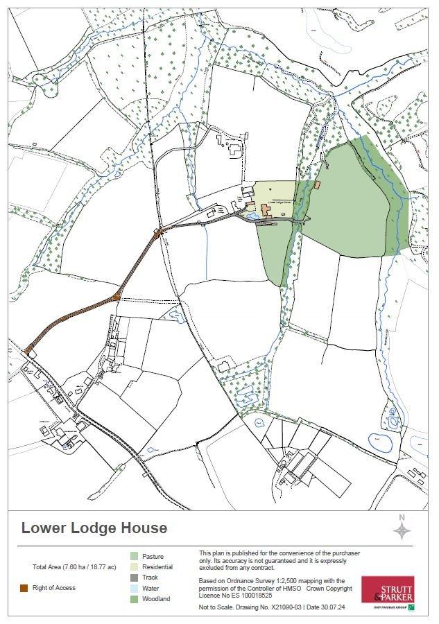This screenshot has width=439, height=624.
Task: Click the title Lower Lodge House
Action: [94, 528]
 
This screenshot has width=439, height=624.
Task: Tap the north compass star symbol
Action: [402, 532]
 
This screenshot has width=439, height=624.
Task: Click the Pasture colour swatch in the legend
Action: [134, 556]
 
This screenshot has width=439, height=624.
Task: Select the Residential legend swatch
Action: [134, 566]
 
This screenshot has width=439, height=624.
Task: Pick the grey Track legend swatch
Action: [134, 578]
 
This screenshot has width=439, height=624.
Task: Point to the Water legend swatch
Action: [134, 588]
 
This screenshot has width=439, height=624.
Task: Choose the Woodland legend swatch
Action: [134, 599]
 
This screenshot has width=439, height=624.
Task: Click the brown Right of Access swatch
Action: [24, 588]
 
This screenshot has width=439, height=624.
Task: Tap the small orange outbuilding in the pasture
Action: [318, 185]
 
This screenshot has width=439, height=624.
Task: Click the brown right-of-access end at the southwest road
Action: [26, 351]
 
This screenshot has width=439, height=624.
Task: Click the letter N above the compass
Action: [402, 517]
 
